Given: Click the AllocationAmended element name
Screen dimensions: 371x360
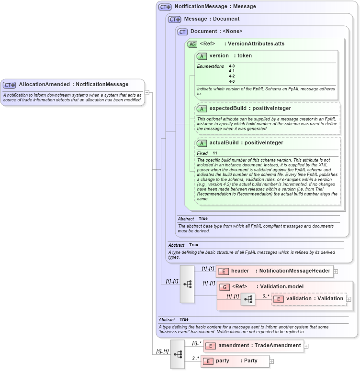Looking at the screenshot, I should click(x=44, y=85).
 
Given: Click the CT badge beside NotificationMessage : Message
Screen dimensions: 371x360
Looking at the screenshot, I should click(x=165, y=7).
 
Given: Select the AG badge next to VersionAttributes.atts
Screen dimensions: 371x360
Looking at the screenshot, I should click(x=192, y=44).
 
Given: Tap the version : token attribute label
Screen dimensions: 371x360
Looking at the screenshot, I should click(x=230, y=56).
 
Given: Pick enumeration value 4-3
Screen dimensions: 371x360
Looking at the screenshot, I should click(x=232, y=81).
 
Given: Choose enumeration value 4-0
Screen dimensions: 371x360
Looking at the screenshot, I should click(x=232, y=66).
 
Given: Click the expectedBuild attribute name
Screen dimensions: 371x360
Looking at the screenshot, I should click(x=227, y=109).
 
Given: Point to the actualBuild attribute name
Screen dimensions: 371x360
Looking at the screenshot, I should click(x=224, y=143).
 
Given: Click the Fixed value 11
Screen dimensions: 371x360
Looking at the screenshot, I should click(x=215, y=153).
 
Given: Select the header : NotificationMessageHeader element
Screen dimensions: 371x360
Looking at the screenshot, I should click(x=274, y=271).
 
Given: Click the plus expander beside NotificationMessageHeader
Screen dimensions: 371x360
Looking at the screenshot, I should click(x=336, y=271).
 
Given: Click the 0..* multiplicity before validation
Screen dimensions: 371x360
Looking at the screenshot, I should click(x=266, y=295).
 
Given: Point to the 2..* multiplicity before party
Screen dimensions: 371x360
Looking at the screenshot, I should click(x=196, y=358).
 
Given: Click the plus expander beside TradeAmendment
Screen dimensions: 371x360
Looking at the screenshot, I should click(x=306, y=346).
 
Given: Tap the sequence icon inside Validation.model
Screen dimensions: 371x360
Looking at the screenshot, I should click(x=248, y=300).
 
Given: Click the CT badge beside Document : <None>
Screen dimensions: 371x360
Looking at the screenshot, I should click(x=182, y=32).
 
